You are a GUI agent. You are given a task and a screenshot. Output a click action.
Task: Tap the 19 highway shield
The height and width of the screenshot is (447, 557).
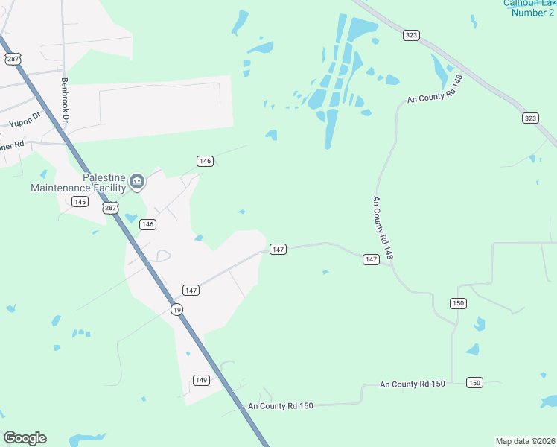point(176,309)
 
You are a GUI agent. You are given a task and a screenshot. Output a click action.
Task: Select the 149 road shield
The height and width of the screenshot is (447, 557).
point(200,379)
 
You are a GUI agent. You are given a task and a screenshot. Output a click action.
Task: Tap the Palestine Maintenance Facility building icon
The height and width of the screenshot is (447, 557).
point(137,181)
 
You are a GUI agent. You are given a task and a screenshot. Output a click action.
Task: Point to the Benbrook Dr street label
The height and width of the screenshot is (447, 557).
point(66,99)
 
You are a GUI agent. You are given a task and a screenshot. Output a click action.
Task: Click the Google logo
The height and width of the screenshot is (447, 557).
point(25,438)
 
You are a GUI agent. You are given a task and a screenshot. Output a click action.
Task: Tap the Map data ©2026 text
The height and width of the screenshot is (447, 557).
point(525,441)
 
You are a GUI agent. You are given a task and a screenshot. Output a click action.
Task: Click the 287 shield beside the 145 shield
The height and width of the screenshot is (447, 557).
point(110,209)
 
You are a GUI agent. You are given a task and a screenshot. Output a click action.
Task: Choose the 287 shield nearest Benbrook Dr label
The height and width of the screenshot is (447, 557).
point(11,57)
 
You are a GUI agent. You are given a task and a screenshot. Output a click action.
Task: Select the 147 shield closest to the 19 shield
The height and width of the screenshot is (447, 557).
point(191,290)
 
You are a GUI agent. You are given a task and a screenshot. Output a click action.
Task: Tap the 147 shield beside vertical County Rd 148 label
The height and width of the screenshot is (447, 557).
point(371,259)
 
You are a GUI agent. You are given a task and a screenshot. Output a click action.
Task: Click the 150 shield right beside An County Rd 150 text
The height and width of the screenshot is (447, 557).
point(474,382)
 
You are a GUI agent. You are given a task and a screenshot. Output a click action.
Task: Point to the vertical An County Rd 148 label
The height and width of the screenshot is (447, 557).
point(382,228)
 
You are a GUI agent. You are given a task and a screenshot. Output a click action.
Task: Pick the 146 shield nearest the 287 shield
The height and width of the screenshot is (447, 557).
point(147,224)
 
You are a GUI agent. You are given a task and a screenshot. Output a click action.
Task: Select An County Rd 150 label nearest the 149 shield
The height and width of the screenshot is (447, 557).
point(281,406)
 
